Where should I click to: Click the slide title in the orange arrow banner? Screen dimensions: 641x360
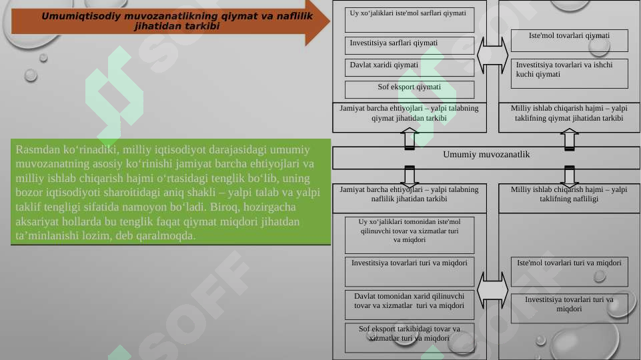pos(177,21)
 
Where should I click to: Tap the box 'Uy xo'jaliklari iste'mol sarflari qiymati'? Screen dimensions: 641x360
pos(409,19)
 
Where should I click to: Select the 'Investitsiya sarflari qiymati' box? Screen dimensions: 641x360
pos(409,46)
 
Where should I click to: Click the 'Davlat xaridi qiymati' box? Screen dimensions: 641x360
pos(409,68)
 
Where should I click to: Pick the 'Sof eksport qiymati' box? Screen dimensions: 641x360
pos(409,89)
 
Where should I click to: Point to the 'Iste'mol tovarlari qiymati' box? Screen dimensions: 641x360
pos(569,41)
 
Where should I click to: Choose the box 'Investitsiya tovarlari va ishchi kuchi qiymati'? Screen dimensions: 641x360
pos(569,73)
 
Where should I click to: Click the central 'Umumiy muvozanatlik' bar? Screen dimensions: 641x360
pos(486,158)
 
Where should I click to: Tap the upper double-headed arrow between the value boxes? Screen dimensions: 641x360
pos(493,55)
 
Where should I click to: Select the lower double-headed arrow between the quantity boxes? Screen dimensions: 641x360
pos(493,290)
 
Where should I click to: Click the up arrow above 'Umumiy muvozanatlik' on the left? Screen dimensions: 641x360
pos(409,139)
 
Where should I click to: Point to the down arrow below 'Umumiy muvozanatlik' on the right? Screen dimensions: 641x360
pos(569,177)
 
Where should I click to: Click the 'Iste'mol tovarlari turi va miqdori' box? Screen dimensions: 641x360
pos(569,272)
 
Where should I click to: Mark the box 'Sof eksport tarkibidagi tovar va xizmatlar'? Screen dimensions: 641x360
pos(409,338)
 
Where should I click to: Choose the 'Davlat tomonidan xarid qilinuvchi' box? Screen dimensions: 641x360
pos(409,305)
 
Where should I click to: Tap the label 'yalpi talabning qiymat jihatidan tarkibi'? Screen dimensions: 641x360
pos(409,113)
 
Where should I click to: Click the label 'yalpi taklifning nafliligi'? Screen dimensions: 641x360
pos(569,194)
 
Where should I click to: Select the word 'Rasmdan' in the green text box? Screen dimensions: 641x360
pos(38,149)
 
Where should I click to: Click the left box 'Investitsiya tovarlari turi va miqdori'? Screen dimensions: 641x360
pos(409,272)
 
